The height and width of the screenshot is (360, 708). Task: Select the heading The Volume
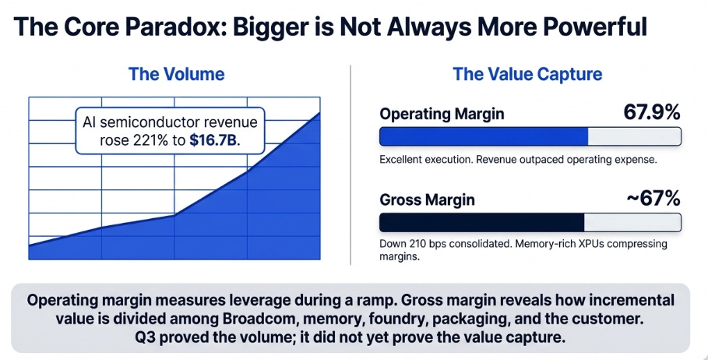click(177, 74)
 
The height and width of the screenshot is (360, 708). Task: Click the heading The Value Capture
click(527, 74)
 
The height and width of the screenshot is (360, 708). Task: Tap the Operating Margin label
click(442, 114)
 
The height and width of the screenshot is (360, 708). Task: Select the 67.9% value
click(652, 112)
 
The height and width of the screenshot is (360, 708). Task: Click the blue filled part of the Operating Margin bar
click(484, 136)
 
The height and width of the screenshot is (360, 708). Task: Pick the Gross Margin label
click(427, 199)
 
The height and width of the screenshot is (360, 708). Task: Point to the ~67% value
click(653, 198)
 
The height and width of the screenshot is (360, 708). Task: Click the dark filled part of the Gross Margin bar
click(482, 222)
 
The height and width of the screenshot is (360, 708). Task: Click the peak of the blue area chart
click(319, 112)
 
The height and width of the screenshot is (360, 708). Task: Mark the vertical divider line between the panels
click(350, 165)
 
